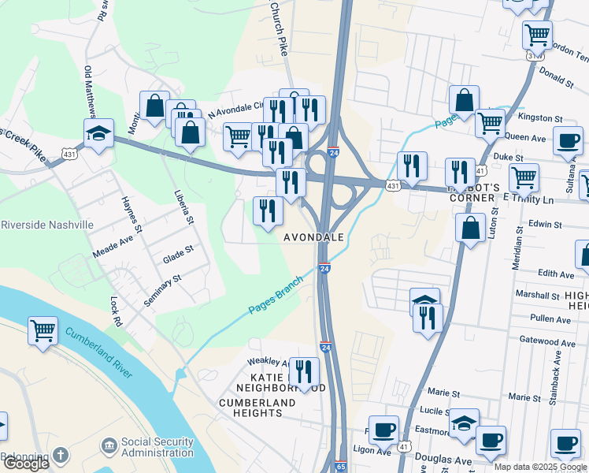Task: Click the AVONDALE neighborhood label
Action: [313, 237]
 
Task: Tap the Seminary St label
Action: [163, 291]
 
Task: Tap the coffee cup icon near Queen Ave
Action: [568, 141]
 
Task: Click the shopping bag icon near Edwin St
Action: [470, 229]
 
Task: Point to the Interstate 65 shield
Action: [340, 467]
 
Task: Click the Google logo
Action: [26, 464]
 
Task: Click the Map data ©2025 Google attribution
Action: [540, 467]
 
